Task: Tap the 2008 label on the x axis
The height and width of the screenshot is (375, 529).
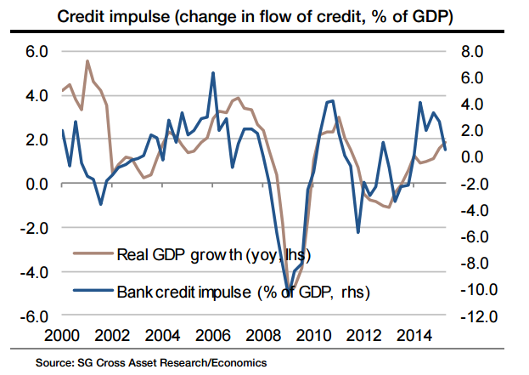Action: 277,334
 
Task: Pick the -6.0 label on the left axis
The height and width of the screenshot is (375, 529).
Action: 37,315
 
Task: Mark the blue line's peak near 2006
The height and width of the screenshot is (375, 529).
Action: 212,73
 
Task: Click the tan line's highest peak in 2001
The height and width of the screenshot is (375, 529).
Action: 87,61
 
